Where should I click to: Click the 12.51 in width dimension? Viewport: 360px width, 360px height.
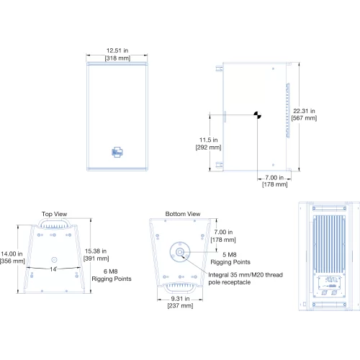[117, 50]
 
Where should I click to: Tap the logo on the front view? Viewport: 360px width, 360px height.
[117, 152]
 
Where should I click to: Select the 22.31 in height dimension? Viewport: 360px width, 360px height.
[304, 111]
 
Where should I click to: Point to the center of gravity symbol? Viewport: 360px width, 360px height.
[258, 115]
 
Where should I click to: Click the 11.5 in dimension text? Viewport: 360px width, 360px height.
[209, 140]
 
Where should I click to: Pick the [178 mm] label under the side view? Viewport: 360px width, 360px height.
[275, 184]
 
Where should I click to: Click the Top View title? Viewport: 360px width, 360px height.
[55, 214]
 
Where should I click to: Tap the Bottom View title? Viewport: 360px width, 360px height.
[183, 214]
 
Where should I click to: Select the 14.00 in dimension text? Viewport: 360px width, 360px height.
[12, 253]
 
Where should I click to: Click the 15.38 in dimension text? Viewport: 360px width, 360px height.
[96, 251]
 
